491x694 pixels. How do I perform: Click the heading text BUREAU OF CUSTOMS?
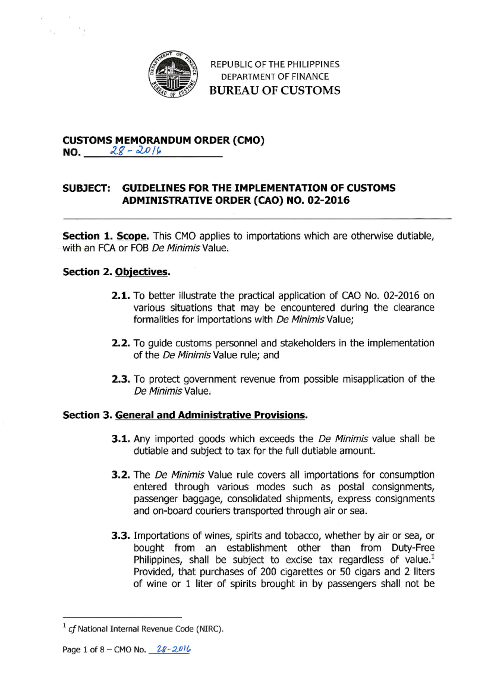275,90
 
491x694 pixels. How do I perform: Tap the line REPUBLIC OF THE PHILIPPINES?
275,64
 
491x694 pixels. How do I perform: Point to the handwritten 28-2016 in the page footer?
174,649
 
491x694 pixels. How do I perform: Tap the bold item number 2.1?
121,296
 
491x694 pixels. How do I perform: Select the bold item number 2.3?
121,379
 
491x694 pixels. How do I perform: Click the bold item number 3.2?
121,475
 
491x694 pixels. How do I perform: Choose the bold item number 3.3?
121,536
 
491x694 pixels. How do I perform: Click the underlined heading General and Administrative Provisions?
210,415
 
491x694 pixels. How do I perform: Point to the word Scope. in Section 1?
133,236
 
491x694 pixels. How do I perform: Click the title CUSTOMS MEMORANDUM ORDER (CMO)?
163,140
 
